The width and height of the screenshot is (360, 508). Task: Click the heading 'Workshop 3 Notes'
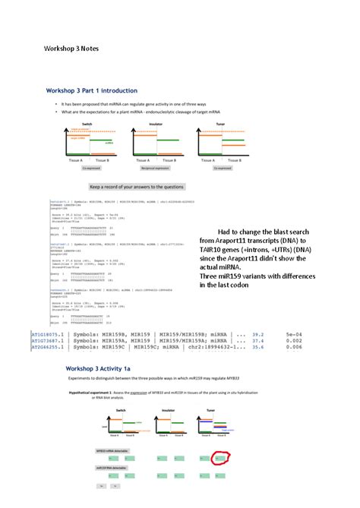click(71, 48)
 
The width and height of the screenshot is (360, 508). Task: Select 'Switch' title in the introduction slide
click(77, 122)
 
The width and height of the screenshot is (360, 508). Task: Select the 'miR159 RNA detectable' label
click(106, 469)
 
